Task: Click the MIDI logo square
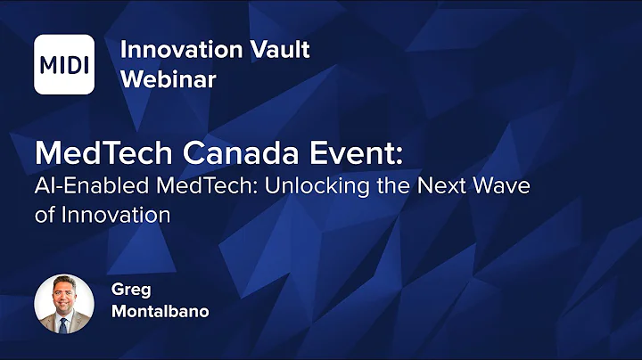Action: pyautogui.click(x=64, y=64)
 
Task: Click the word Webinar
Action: pyautogui.click(x=169, y=78)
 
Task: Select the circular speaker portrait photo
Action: pyautogui.click(x=64, y=303)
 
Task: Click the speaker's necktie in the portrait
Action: pyautogui.click(x=65, y=322)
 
